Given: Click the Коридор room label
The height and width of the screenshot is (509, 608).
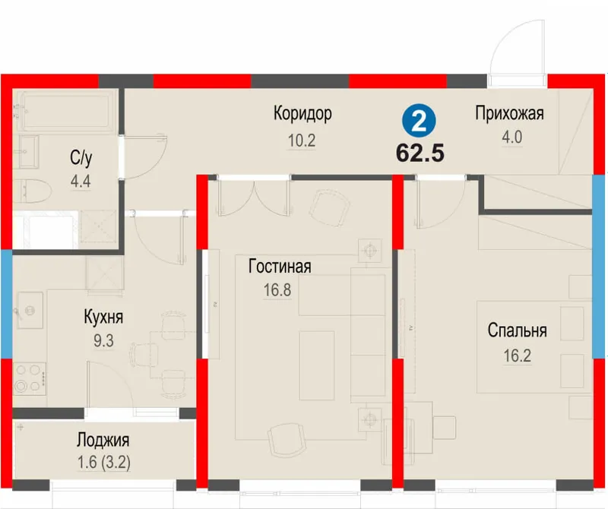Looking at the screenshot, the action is coord(302,114).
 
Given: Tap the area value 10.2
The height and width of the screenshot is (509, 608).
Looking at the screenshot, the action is coord(302,141).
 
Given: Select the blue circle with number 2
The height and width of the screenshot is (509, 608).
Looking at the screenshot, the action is coord(419,122).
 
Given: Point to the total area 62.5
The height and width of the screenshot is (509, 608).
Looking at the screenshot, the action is coord(420,153).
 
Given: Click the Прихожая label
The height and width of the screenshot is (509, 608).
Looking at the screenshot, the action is coord(509,114).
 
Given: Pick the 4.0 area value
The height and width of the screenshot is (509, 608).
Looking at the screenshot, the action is coord(511,138).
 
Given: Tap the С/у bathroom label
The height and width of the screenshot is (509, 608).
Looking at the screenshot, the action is coord(81,158).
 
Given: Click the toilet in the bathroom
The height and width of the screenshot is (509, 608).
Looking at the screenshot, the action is coord(32,191).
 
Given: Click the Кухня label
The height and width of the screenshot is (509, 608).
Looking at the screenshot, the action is coord(103,318).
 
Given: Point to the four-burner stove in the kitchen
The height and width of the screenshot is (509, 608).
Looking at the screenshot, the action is coord(29,379).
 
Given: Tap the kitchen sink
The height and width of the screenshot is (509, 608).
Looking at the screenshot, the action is coord(29,310).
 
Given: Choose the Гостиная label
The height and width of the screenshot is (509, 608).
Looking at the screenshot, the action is coord(280,267).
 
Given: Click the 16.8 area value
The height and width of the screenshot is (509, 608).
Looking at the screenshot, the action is coord(277,290).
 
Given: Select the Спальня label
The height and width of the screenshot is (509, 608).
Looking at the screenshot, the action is coord(518,330).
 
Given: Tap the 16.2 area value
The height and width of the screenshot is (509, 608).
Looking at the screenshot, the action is coord(518,356).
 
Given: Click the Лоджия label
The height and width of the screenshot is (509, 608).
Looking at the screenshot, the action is coord(103,441).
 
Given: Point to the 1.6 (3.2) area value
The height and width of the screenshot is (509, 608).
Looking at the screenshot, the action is coord(104,463).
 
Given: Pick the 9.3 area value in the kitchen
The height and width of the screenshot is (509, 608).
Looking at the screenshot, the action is coord(103,341).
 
